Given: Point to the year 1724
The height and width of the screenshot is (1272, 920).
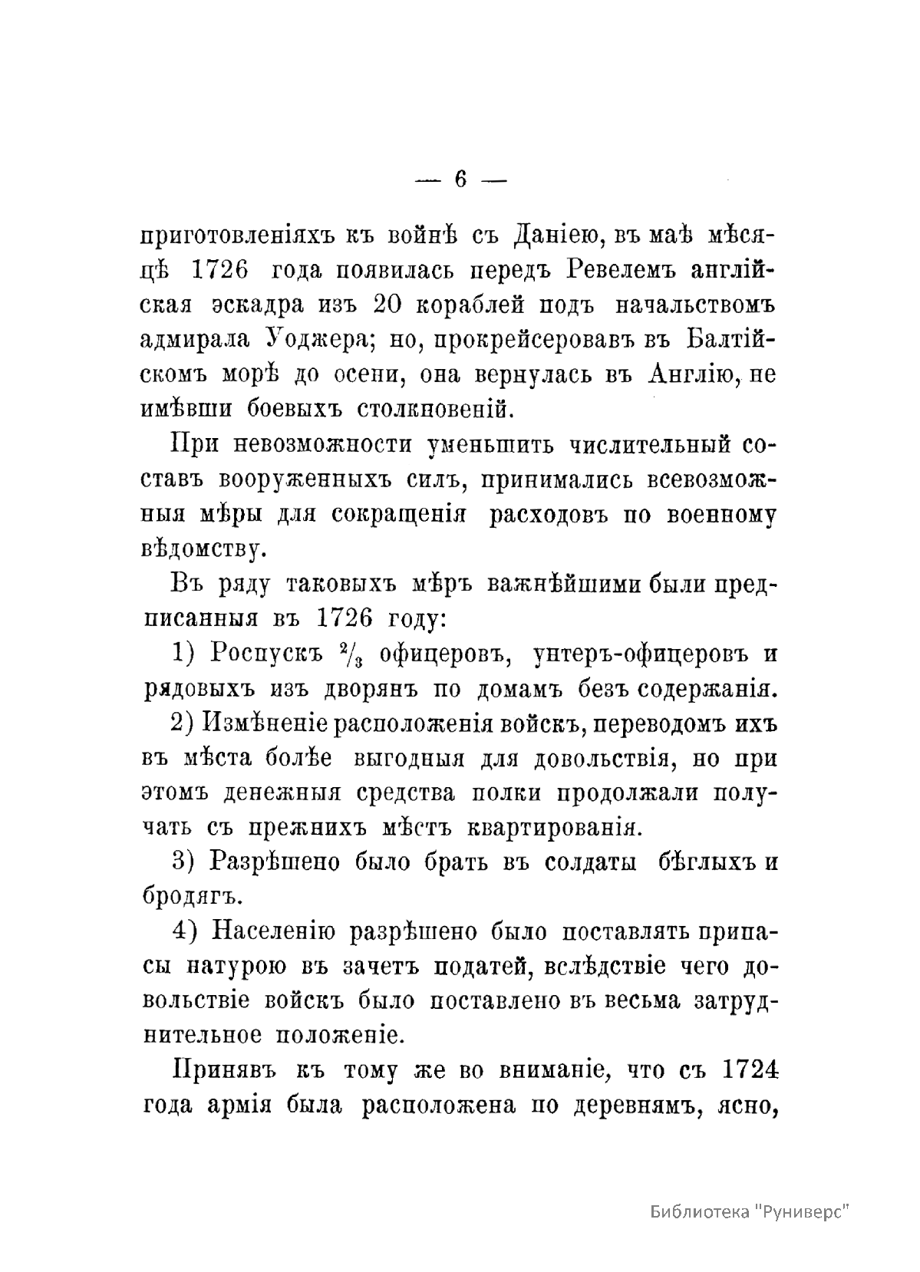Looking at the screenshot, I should (x=750, y=1069).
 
